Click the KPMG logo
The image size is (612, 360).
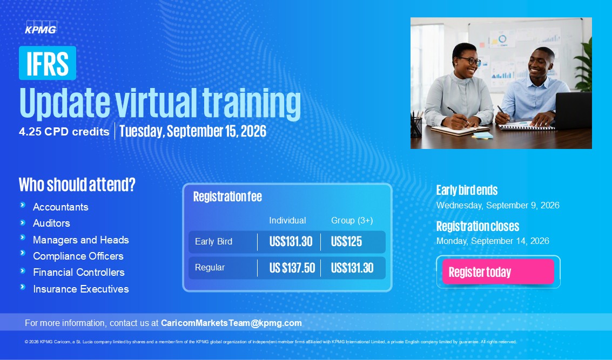point(41,28)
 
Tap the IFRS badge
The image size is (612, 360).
point(48,63)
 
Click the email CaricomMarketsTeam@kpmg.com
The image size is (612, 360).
point(231,323)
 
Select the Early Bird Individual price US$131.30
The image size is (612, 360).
point(291,242)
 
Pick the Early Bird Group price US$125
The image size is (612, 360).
point(347,242)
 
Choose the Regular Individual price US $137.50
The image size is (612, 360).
point(292,268)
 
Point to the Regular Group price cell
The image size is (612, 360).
point(352,268)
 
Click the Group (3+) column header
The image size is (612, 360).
point(352,220)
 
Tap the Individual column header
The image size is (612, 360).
point(288,220)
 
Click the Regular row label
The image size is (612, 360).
point(210,268)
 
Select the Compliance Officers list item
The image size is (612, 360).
point(78,256)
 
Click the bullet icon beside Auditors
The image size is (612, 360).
point(23,223)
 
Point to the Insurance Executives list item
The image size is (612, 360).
point(81,289)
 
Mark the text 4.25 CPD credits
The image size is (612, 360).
point(64,132)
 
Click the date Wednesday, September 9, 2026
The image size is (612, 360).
point(497,206)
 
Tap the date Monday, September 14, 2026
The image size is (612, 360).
point(493,241)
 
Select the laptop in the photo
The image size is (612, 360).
point(573,111)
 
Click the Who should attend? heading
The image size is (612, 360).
point(77,185)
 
